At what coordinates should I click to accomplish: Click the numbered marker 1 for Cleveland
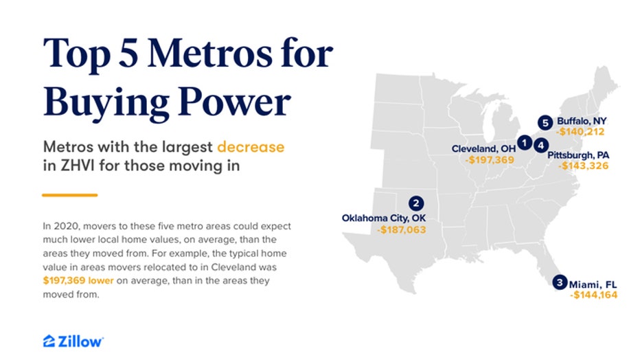tap(524, 143)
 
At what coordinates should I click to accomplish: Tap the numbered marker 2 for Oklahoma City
tap(415, 203)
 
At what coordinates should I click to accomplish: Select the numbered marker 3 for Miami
tap(560, 282)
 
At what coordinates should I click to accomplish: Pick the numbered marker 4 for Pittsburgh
tap(541, 145)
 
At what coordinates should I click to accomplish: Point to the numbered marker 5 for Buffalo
tap(545, 122)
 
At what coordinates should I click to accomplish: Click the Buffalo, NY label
tap(582, 121)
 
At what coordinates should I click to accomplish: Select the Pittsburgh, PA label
tap(578, 155)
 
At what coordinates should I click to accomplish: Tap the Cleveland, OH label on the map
tap(483, 148)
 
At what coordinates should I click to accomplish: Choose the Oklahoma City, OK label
tap(384, 218)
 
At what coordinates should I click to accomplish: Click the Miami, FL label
tap(595, 283)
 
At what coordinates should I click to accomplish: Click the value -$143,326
tap(583, 166)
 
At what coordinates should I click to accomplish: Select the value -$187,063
tap(401, 230)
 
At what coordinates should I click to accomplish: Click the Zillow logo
tap(73, 341)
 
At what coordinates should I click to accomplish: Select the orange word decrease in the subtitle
tap(250, 147)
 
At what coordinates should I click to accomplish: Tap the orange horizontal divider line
tap(69, 195)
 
